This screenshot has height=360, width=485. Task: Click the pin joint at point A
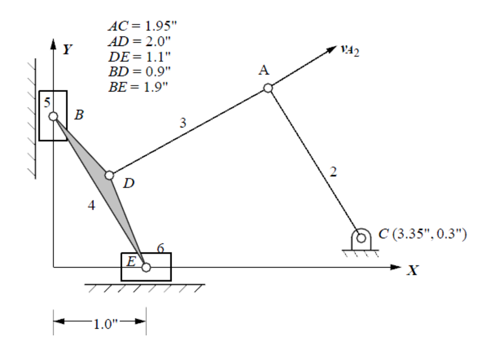pos(268,88)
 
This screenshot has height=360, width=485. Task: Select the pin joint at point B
pos(53,116)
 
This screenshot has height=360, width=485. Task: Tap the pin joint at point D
pos(110,175)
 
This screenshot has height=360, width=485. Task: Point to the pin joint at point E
pos(146,268)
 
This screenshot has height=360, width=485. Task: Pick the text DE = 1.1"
pos(137,56)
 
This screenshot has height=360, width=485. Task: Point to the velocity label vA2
pos(350,50)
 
